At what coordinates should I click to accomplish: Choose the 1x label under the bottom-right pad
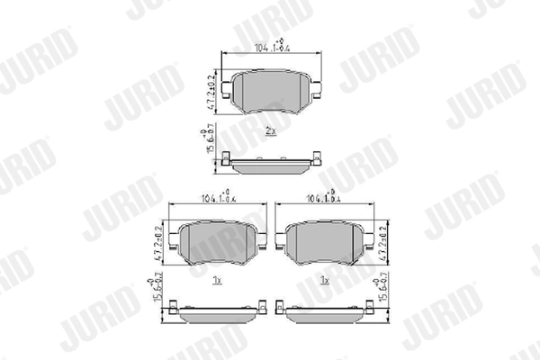tap(324, 282)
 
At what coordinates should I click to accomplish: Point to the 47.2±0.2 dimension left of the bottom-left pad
tap(163, 243)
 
